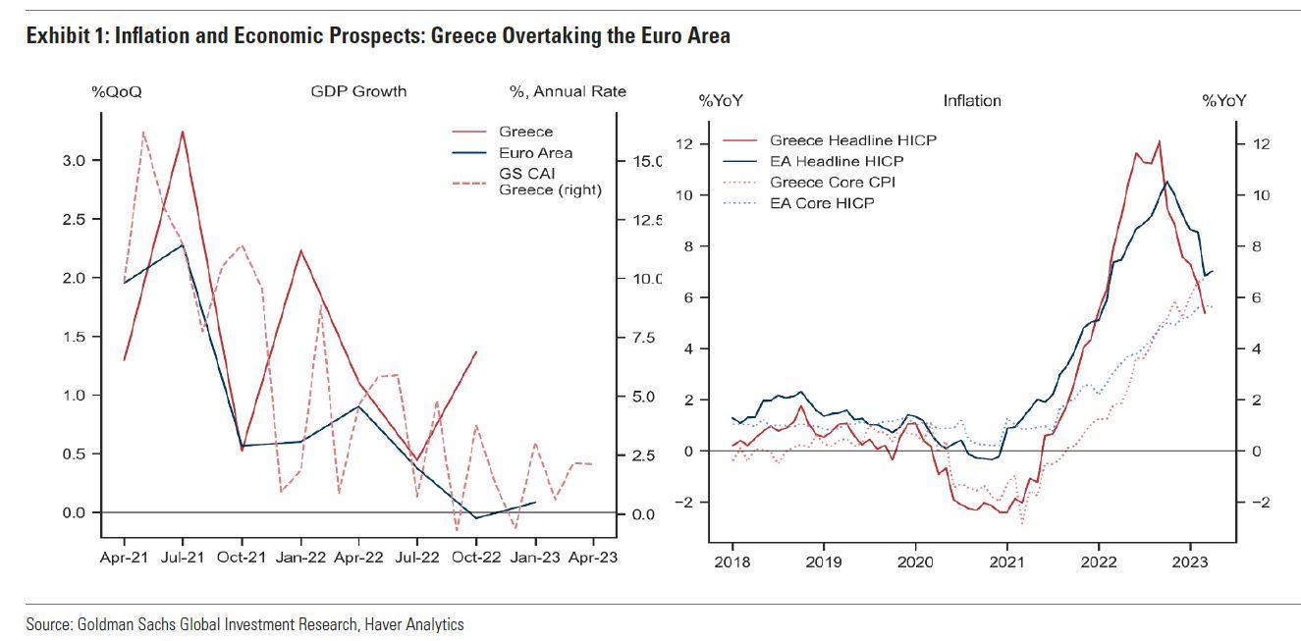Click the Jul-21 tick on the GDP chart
coord(183,558)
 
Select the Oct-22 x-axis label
coord(476,558)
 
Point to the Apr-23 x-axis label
coord(593,558)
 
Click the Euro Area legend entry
coord(535,153)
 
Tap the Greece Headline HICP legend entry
coord(852,140)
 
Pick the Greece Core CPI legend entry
coord(845,183)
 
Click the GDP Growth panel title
coord(358,91)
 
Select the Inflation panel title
coord(972,100)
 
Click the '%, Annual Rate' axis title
coord(568,91)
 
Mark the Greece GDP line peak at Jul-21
coord(183,132)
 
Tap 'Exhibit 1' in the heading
coord(60,36)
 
